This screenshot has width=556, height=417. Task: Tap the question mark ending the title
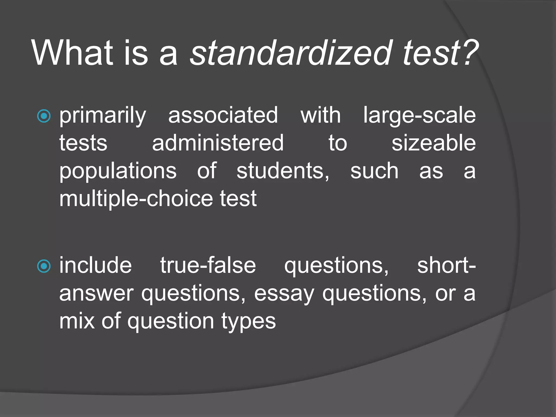coord(469,53)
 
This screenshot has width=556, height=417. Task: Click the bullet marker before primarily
coord(44,116)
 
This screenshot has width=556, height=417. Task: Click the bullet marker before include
coord(44,266)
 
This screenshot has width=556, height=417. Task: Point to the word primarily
coord(103,116)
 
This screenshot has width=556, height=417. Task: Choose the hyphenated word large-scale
coord(419,116)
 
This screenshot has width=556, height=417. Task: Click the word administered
coord(218,143)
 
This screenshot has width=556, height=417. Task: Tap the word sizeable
coord(434,143)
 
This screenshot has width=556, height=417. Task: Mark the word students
coord(283,171)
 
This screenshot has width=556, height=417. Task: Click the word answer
coord(96,294)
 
